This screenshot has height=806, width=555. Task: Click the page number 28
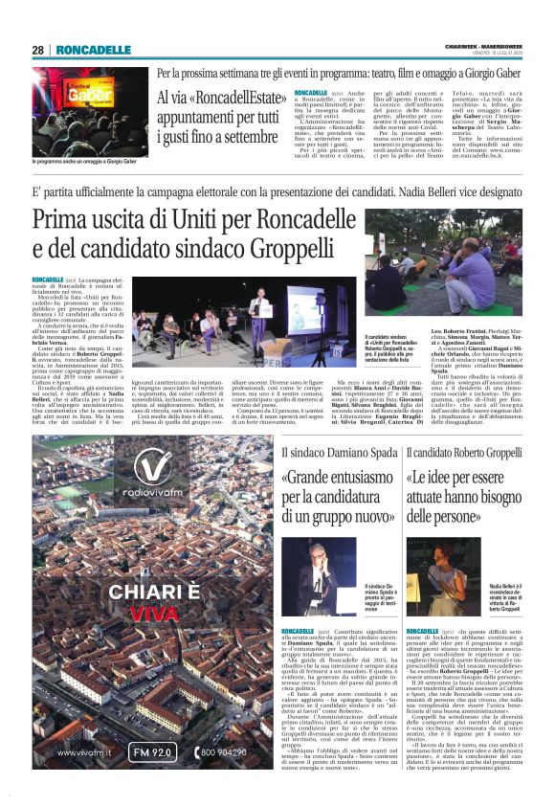[37, 50]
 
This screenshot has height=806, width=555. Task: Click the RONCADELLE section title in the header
[94, 50]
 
